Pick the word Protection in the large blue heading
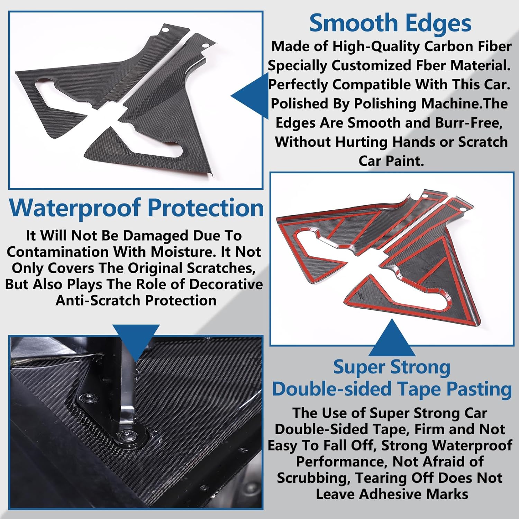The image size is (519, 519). pyautogui.click(x=206, y=208)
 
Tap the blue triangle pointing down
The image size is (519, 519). pyautogui.click(x=136, y=339)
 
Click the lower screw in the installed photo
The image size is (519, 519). pyautogui.click(x=124, y=436)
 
